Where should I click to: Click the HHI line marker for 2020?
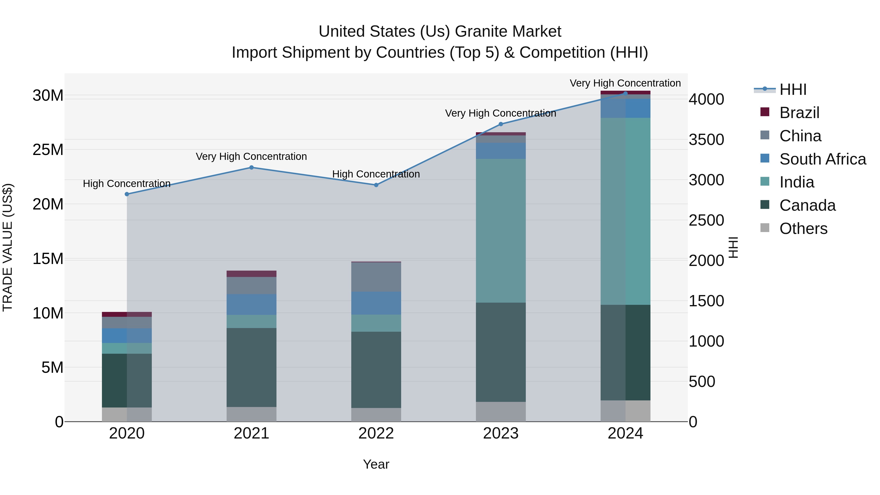[x=127, y=194]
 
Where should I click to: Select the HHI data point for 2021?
[x=252, y=167]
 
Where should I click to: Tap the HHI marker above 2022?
[x=376, y=185]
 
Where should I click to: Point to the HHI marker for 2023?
[x=501, y=124]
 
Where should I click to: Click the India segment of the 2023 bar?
[x=501, y=231]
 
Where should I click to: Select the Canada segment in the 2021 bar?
[x=252, y=367]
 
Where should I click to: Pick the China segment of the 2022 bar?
[x=376, y=277]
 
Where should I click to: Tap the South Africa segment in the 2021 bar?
[x=252, y=304]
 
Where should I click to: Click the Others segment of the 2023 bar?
[x=501, y=411]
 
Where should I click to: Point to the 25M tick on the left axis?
[x=48, y=150]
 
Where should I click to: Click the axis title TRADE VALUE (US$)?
[x=8, y=247]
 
